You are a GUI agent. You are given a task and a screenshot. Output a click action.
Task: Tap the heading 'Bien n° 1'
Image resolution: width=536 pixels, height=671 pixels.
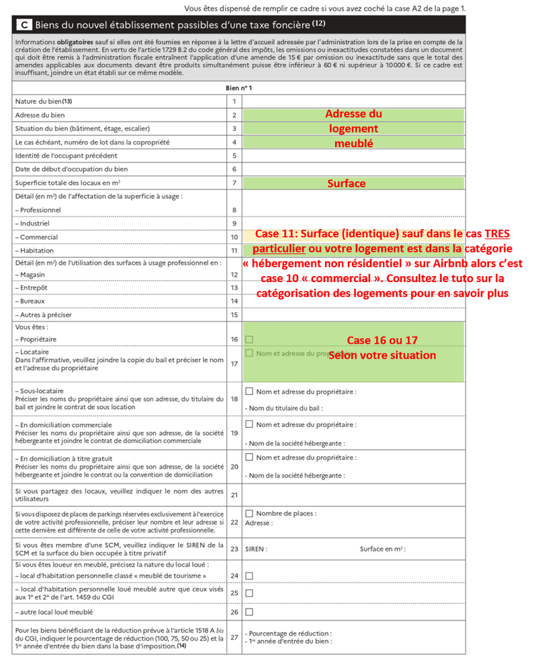[x=238, y=88]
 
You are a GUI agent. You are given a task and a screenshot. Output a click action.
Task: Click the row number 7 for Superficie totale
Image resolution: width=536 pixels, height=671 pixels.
[x=234, y=183]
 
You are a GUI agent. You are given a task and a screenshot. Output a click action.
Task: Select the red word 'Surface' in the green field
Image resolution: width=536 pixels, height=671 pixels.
[x=347, y=183]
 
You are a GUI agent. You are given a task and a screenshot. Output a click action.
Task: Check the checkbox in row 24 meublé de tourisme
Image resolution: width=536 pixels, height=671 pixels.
[x=249, y=576]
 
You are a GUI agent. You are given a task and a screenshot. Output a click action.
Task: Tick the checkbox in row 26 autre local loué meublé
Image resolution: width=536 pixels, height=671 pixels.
[x=249, y=612]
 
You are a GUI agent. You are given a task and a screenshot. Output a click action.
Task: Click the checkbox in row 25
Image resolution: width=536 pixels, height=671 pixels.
[x=249, y=593]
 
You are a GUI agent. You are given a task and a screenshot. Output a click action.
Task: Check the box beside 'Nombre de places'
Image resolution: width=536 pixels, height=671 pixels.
[x=249, y=513]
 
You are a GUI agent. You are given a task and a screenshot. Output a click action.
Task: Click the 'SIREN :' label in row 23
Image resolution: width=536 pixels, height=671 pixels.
[x=257, y=549]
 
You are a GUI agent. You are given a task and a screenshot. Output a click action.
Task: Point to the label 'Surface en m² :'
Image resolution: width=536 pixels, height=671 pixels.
[x=382, y=549]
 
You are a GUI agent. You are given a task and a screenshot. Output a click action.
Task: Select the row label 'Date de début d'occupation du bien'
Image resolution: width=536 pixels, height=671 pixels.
[x=71, y=169]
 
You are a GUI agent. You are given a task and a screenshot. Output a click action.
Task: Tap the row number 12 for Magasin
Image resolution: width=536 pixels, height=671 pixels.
[x=234, y=275]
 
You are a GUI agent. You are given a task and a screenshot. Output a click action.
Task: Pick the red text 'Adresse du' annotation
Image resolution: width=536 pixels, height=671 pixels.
[x=353, y=114]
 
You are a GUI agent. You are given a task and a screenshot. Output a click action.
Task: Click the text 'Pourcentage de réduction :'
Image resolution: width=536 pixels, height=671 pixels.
[x=288, y=633]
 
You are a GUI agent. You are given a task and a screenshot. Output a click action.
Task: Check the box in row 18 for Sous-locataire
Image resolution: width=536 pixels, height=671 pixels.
[x=249, y=391]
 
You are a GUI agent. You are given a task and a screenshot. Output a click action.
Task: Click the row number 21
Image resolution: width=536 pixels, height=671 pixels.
[x=234, y=495]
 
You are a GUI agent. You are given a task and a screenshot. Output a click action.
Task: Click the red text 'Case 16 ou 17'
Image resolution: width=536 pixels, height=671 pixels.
[x=382, y=340]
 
